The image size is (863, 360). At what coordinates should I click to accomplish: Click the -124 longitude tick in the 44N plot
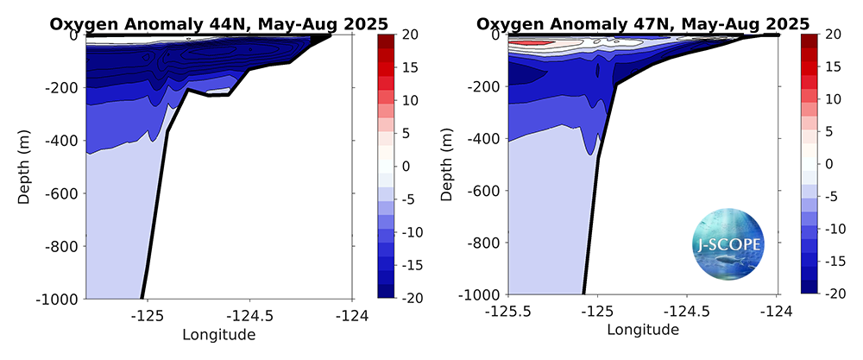tap(352, 314)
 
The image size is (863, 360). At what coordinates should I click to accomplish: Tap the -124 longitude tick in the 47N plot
tap(777, 310)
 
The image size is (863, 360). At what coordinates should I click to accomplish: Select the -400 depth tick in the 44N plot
tap(61, 141)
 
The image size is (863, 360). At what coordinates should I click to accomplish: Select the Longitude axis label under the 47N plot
tap(643, 330)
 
